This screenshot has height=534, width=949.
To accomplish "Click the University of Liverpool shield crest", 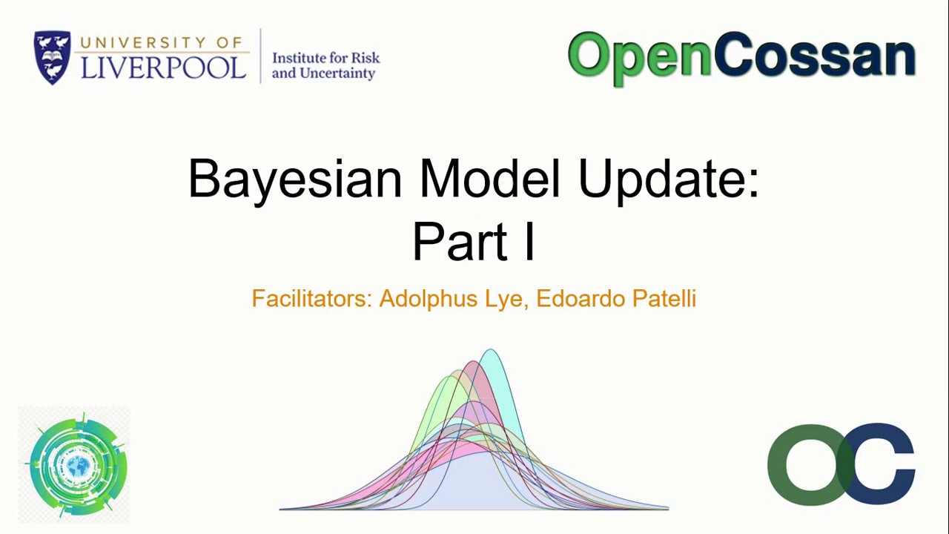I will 52,58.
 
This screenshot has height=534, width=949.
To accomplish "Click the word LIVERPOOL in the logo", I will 163,67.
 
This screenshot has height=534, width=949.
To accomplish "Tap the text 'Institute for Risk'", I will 325,58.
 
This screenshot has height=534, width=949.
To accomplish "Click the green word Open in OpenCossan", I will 638,57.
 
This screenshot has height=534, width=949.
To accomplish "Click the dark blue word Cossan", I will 815,56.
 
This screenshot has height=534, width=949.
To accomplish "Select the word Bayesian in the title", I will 295,179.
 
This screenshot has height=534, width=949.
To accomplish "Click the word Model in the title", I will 489,179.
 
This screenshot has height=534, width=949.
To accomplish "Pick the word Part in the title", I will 460,242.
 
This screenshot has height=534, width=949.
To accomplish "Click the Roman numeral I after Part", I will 529,242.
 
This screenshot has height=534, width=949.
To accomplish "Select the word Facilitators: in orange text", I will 311,298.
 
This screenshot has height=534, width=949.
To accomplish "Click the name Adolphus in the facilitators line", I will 428,298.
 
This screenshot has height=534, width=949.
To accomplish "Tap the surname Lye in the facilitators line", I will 506,299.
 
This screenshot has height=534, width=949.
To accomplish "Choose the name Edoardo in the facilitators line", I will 581,298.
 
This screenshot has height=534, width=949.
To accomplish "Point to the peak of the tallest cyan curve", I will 490,352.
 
